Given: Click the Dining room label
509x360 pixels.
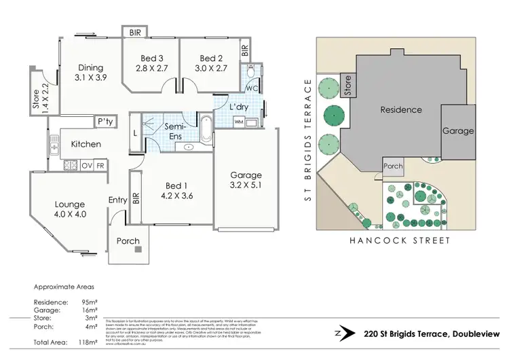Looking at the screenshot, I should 90,67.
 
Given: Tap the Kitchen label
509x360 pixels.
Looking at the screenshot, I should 86,144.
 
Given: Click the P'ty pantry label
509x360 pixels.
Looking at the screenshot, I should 105,122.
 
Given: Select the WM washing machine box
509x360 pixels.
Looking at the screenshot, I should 238,122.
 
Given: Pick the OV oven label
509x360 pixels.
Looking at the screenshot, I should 87,165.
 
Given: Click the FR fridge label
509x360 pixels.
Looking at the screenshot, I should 100,165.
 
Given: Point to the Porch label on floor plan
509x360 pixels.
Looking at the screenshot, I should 128,241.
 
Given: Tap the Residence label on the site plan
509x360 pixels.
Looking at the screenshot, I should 400,109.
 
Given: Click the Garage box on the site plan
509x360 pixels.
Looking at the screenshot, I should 458,131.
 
